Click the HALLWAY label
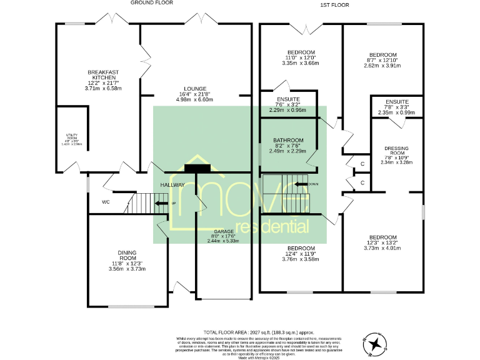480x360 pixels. coord(172,185)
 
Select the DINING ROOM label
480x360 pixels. coord(127,255)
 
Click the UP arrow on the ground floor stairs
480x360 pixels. coord(161,204)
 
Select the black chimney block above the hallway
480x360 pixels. coord(198,167)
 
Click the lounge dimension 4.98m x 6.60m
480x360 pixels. coord(194,100)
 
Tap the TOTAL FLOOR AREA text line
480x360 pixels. coord(259,332)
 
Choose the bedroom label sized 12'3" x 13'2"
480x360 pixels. coord(382,237)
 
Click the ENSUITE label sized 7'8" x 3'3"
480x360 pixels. coord(397,102)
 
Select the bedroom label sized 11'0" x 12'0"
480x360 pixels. coord(301,52)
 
